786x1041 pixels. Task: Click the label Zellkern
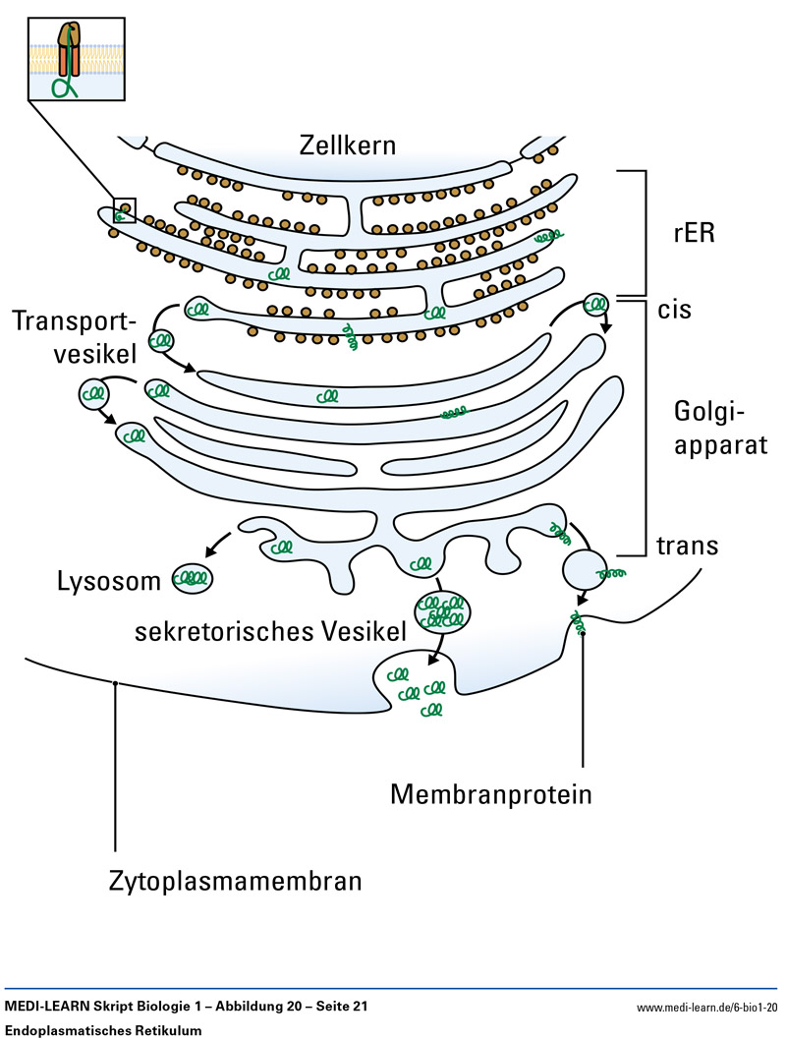347,146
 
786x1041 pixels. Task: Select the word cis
678,310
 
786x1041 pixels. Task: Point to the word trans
688,547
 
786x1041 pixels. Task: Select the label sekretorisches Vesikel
271,630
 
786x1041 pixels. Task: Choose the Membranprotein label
491,793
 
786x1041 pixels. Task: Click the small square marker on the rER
125,209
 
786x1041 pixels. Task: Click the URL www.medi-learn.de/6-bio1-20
706,1008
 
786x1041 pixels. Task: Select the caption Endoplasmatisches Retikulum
103,1030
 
